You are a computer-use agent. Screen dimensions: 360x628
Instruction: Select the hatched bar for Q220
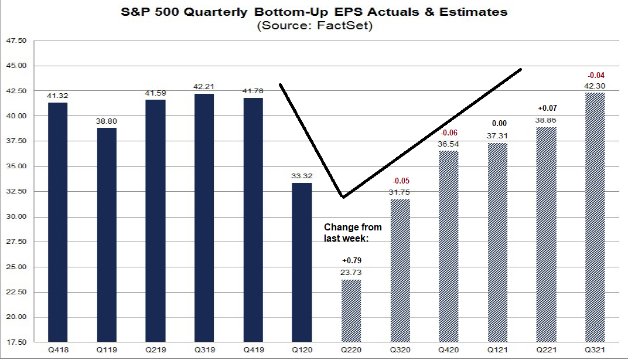[x=351, y=311]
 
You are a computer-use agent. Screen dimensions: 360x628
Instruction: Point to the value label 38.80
[x=107, y=121]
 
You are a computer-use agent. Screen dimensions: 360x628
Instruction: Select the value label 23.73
[x=351, y=272]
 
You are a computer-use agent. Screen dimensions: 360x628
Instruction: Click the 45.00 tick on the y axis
[x=19, y=66]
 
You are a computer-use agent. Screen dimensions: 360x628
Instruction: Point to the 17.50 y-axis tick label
[x=19, y=342]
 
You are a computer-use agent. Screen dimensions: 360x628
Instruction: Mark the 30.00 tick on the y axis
[x=19, y=216]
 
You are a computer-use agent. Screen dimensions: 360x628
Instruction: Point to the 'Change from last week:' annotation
[x=353, y=233]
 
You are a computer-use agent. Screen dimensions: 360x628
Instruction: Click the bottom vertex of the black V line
[x=343, y=197]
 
